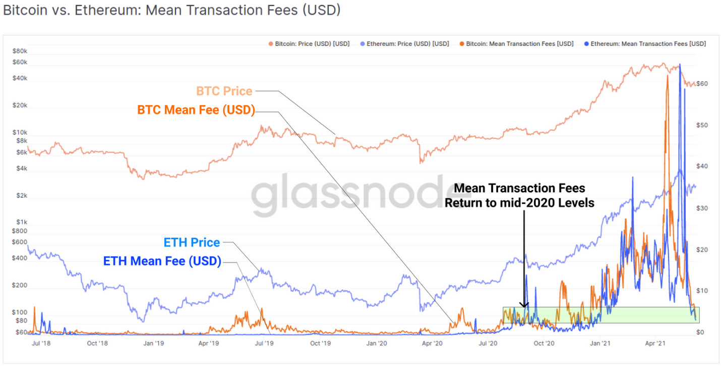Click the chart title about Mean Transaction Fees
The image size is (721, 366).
pos(172,11)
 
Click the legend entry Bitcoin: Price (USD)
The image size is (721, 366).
pos(312,44)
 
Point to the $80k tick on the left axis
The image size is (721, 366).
pos(21,51)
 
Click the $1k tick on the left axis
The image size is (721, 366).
pos(22,222)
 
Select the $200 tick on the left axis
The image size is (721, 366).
pos(21,285)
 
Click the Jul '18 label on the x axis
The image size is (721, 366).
pos(42,343)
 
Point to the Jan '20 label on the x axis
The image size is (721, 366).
pos(377,343)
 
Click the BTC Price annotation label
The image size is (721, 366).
pos(224,91)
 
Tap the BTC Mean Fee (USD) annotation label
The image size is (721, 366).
pos(196,110)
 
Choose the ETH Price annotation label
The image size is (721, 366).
pos(192,243)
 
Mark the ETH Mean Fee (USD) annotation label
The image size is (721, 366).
pos(162,262)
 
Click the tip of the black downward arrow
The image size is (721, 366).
pos(524,306)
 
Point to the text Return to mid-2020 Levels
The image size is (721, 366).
pos(519,203)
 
